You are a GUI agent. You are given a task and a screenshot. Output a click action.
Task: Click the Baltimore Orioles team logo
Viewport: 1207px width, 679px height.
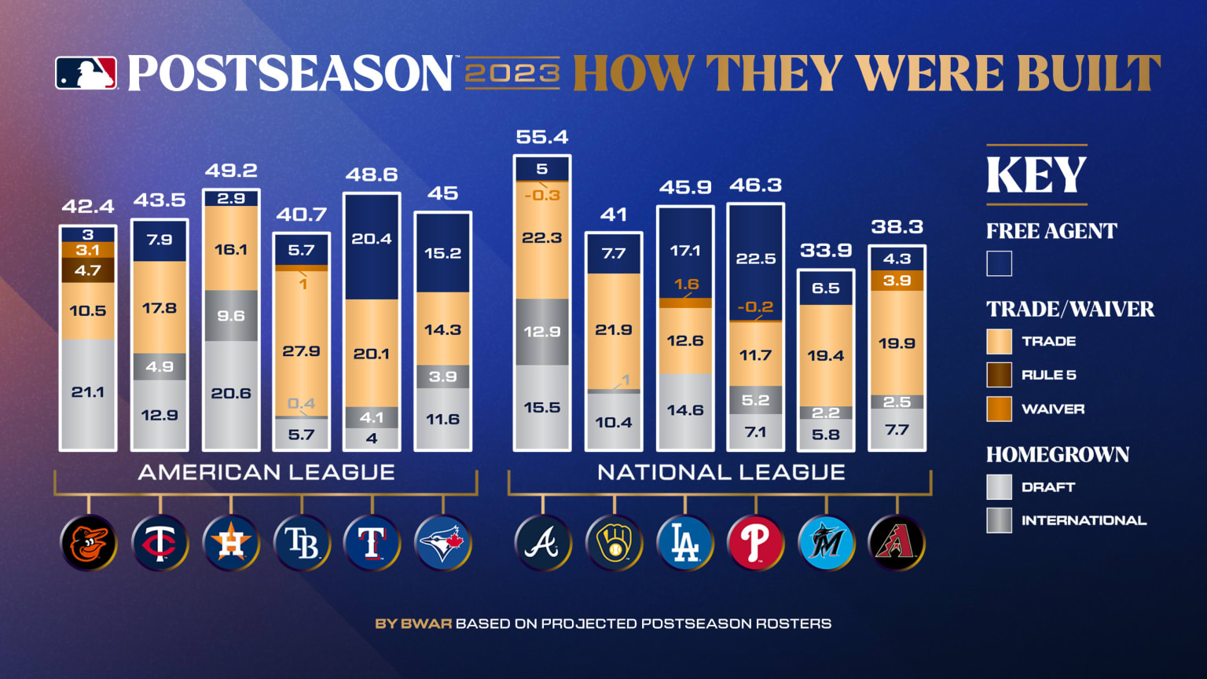point(89,543)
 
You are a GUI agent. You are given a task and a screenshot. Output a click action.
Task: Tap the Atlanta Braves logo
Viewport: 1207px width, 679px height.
point(542,543)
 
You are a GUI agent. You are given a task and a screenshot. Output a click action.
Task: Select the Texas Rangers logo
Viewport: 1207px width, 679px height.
point(372,543)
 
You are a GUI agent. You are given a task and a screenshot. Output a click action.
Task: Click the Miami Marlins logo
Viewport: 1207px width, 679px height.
point(826,543)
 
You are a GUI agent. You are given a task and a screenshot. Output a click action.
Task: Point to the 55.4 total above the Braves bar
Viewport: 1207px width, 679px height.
point(541,137)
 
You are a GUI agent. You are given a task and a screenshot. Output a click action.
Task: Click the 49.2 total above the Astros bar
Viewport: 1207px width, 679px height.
point(231,171)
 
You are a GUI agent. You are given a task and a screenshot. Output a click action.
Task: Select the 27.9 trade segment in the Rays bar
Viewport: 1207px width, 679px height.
point(301,351)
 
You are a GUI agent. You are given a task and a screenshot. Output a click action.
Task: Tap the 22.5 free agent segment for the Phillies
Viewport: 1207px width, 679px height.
point(755,259)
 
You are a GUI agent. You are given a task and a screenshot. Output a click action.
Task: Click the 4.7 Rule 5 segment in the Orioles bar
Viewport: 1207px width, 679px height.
point(88,270)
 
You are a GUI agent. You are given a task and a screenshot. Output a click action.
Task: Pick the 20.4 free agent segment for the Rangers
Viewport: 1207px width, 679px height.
point(372,239)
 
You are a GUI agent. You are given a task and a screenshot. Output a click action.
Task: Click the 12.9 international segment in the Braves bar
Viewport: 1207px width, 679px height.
point(541,332)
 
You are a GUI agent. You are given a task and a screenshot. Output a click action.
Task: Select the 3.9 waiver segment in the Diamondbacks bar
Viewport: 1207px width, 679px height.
point(897,281)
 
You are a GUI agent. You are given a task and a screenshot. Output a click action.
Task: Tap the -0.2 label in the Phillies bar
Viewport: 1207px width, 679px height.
point(755,306)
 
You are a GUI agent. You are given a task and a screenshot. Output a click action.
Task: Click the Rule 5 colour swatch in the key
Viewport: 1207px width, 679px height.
point(999,375)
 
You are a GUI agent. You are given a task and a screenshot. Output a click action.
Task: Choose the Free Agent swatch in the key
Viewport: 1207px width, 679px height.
point(999,263)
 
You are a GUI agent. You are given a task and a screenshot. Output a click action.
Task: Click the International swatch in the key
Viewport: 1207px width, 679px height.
point(999,520)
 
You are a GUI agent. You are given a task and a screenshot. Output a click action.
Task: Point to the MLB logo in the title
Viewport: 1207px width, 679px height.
point(86,73)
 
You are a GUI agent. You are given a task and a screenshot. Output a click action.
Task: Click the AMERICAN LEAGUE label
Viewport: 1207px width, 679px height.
point(266,472)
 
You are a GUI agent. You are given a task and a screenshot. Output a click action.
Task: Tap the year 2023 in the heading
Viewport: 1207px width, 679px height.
point(512,73)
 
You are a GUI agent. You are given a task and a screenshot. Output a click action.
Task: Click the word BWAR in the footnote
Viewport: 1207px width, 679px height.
point(426,624)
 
